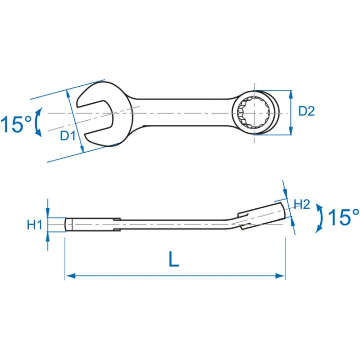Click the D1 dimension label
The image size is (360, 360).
pos(68,136)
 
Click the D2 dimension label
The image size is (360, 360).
pos(306,111)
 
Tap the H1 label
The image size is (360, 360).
pos(35,224)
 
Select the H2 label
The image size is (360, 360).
pos(302,204)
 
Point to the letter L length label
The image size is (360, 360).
pos(174,259)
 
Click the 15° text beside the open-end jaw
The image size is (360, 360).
pos(16,124)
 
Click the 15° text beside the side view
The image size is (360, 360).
pos(343,217)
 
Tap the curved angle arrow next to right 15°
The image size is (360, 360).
pos(320,218)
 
